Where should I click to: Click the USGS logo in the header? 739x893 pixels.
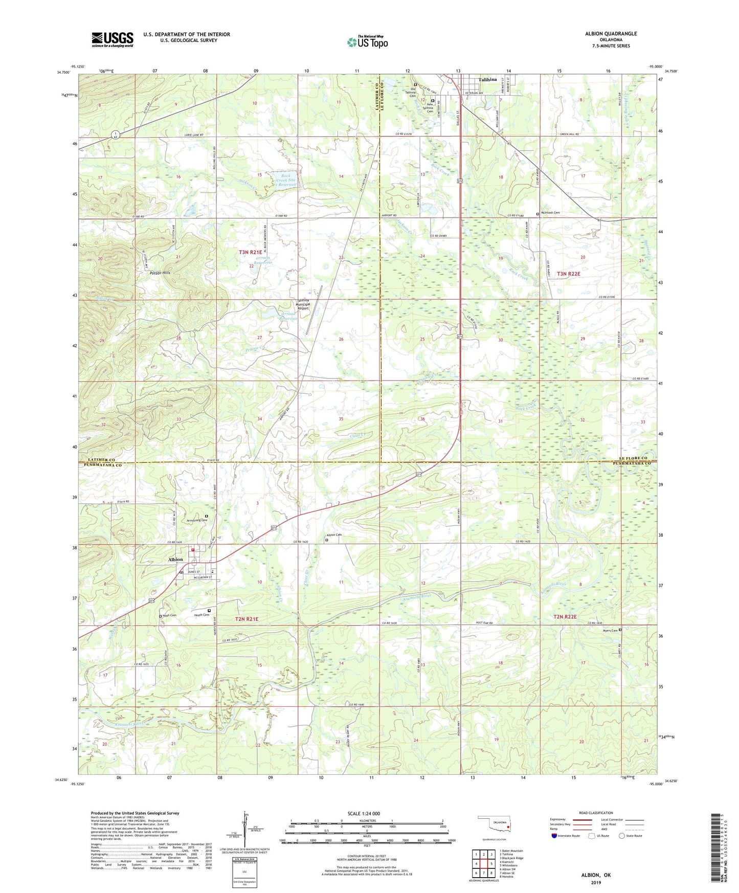tap(113, 39)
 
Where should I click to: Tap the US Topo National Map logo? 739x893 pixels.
tap(367, 42)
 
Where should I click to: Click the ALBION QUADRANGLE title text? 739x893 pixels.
tap(611, 34)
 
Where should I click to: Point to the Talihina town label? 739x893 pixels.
tap(487, 80)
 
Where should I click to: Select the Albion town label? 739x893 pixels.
tap(175, 560)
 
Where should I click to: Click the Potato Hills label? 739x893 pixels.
tap(160, 273)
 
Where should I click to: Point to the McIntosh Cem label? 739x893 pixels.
tap(550, 213)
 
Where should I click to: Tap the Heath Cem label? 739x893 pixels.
tap(201, 615)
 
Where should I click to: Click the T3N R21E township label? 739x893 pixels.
tap(250, 252)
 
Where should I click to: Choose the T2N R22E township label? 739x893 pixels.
tap(565, 617)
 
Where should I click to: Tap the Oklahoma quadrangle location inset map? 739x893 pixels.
tap(493, 824)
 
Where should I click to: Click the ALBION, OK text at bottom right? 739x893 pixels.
tap(596, 875)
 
